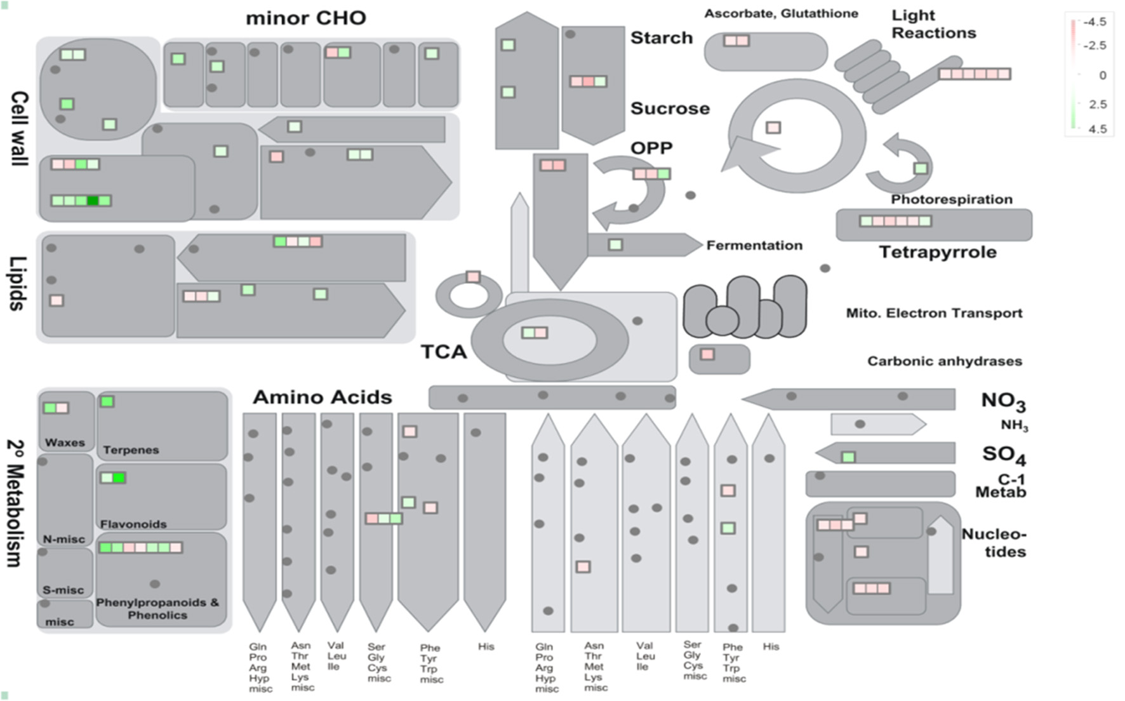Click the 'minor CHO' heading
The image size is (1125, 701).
pyautogui.click(x=306, y=18)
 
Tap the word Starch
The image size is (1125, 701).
pyautogui.click(x=661, y=38)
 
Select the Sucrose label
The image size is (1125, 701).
pyautogui.click(x=670, y=109)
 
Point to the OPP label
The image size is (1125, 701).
pyautogui.click(x=651, y=148)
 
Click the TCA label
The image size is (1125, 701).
pyautogui.click(x=443, y=352)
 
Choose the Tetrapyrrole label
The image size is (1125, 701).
pyautogui.click(x=937, y=252)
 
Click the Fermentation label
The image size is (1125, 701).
pyautogui.click(x=754, y=245)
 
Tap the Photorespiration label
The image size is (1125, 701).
pyautogui.click(x=951, y=199)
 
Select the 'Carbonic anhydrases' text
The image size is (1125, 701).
pyautogui.click(x=944, y=361)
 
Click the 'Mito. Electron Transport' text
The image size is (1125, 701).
pyautogui.click(x=933, y=313)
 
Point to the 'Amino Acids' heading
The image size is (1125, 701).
pyautogui.click(x=323, y=397)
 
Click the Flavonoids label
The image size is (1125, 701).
pyautogui.click(x=133, y=524)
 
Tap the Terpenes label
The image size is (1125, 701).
pyautogui.click(x=131, y=450)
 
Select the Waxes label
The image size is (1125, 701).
pyautogui.click(x=65, y=443)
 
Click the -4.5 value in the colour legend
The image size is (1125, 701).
pyautogui.click(x=1095, y=22)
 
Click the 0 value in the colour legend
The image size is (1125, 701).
pyautogui.click(x=1102, y=75)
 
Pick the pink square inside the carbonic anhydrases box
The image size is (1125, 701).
pyautogui.click(x=707, y=354)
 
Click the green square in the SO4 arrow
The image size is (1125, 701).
pyautogui.click(x=848, y=457)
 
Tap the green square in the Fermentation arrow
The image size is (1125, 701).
pyautogui.click(x=615, y=244)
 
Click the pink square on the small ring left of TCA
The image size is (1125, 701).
pyautogui.click(x=473, y=277)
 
